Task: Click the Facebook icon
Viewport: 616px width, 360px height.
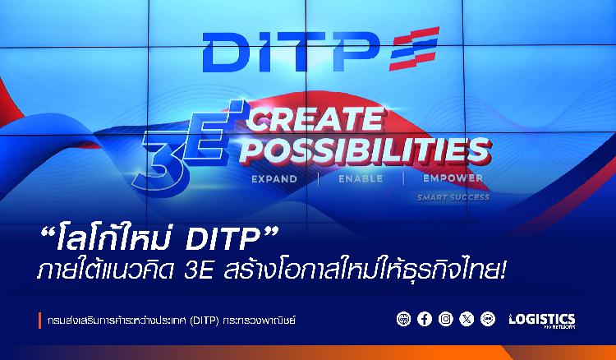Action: click(425, 319)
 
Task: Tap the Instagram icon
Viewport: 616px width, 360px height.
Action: click(445, 319)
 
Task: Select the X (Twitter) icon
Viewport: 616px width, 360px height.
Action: click(467, 319)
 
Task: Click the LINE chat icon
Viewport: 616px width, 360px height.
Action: click(488, 319)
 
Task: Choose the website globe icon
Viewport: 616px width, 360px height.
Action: click(403, 319)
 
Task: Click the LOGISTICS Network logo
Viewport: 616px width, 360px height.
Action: click(542, 320)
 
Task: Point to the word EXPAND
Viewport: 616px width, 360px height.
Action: click(274, 179)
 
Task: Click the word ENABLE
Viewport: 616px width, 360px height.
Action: click(361, 179)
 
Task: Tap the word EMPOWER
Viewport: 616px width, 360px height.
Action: click(453, 178)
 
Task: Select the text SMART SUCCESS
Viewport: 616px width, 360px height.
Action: click(453, 197)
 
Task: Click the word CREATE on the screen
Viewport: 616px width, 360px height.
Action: click(315, 119)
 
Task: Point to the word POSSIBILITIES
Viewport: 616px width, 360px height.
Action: click(365, 151)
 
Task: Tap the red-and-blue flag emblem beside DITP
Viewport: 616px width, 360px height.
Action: click(414, 48)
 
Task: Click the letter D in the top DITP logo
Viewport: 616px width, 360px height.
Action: click(226, 53)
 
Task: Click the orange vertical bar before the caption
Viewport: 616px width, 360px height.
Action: click(39, 321)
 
